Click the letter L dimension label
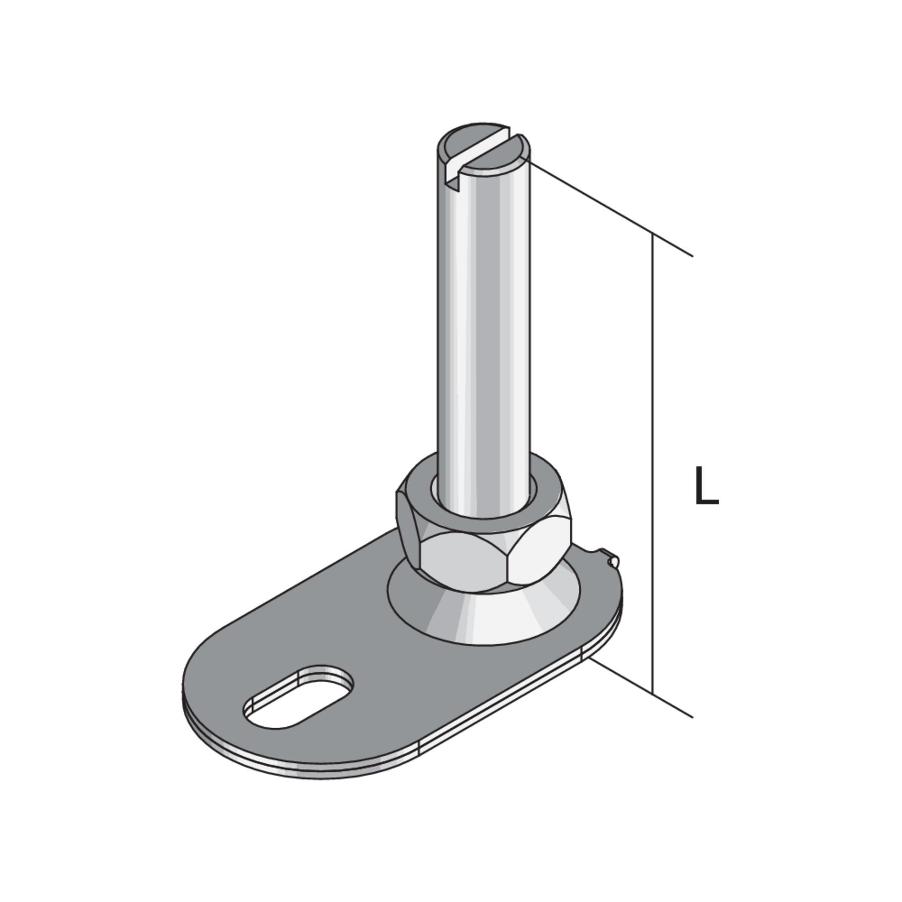pos(707,486)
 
